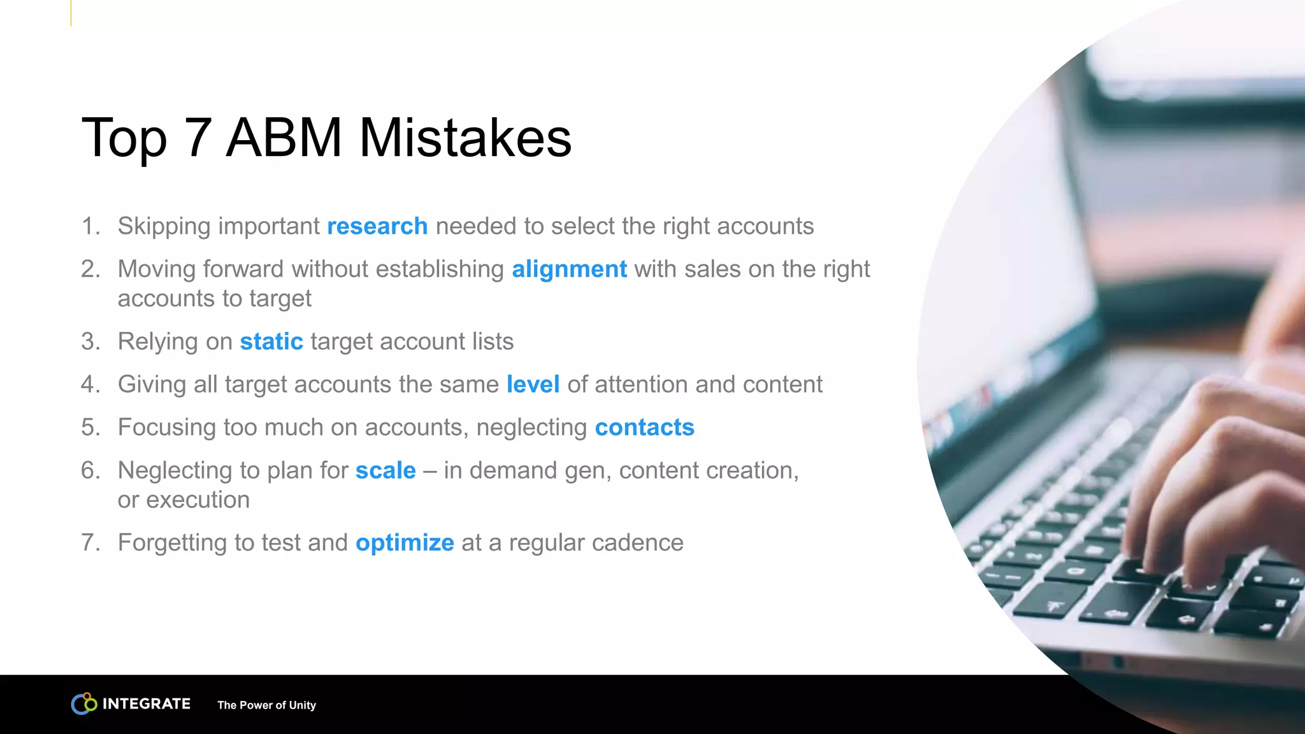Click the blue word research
[377, 227]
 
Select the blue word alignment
[569, 270]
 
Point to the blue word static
[271, 342]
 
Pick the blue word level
[533, 385]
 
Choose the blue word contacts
[644, 428]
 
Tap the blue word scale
[386, 471]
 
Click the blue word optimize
[405, 543]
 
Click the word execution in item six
[198, 500]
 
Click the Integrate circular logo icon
[83, 703]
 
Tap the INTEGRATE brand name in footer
[147, 704]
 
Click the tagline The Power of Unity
[266, 705]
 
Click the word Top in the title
[124, 139]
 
